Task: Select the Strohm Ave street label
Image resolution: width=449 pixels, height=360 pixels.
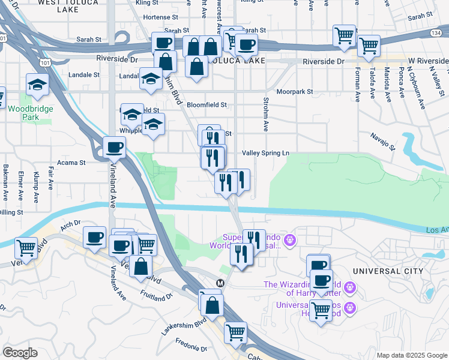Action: pos(264,114)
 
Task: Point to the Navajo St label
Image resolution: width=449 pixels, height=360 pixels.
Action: pos(384,140)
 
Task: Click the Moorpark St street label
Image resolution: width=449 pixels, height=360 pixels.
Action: pos(291,92)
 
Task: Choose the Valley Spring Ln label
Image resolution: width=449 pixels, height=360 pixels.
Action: pos(265,153)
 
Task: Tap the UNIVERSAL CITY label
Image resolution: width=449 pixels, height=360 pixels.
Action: pos(388,271)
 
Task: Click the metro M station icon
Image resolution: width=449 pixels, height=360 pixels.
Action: pos(220,283)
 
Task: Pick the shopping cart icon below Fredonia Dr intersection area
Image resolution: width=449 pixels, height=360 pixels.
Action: pos(235,331)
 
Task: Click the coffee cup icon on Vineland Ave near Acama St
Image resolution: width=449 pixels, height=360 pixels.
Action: pos(113,147)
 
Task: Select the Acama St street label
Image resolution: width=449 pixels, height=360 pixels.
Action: pos(71,163)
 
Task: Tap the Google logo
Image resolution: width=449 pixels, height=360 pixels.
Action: pos(20,353)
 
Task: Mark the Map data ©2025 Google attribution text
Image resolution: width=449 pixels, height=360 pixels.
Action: pos(411,355)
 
